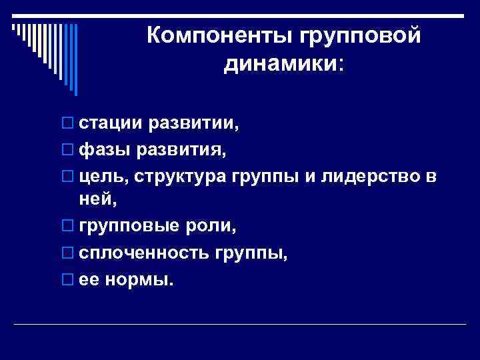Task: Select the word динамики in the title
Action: [x=280, y=64]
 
